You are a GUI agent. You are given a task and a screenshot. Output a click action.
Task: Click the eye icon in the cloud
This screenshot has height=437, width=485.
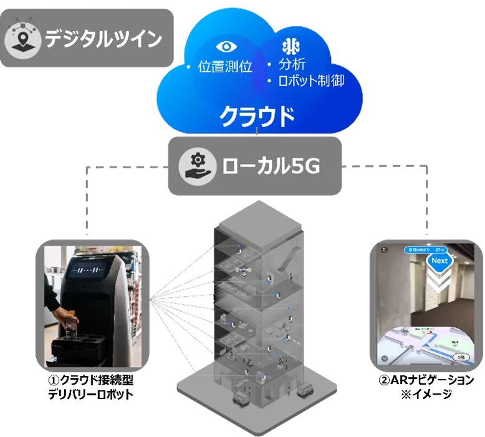pos(224,47)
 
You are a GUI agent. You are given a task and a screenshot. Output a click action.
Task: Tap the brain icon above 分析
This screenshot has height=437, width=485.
pos(292,47)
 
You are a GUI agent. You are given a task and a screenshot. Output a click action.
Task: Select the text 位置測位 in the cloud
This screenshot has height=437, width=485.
pos(224,67)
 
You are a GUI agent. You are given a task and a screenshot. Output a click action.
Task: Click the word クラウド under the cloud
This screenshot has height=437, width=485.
pos(257,115)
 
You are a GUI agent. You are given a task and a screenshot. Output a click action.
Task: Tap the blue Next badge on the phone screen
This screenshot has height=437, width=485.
pos(439,261)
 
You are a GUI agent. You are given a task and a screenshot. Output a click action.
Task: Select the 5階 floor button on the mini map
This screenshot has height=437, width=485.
pos(459,357)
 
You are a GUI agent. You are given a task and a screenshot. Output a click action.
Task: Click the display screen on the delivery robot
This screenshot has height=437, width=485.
pos(89,271)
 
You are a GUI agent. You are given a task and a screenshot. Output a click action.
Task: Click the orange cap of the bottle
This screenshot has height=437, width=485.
pos(73,312)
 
